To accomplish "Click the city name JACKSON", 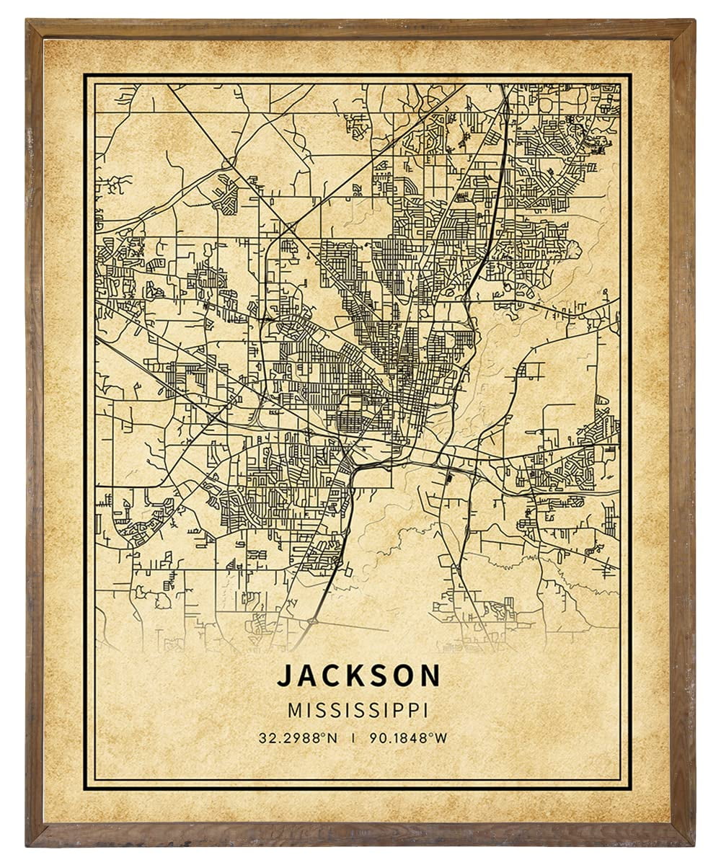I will (x=358, y=675).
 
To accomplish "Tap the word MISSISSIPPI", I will (x=358, y=710).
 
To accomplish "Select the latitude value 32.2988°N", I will (x=299, y=737).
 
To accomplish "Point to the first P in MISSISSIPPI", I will (x=401, y=710).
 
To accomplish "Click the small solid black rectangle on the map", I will (x=450, y=476).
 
